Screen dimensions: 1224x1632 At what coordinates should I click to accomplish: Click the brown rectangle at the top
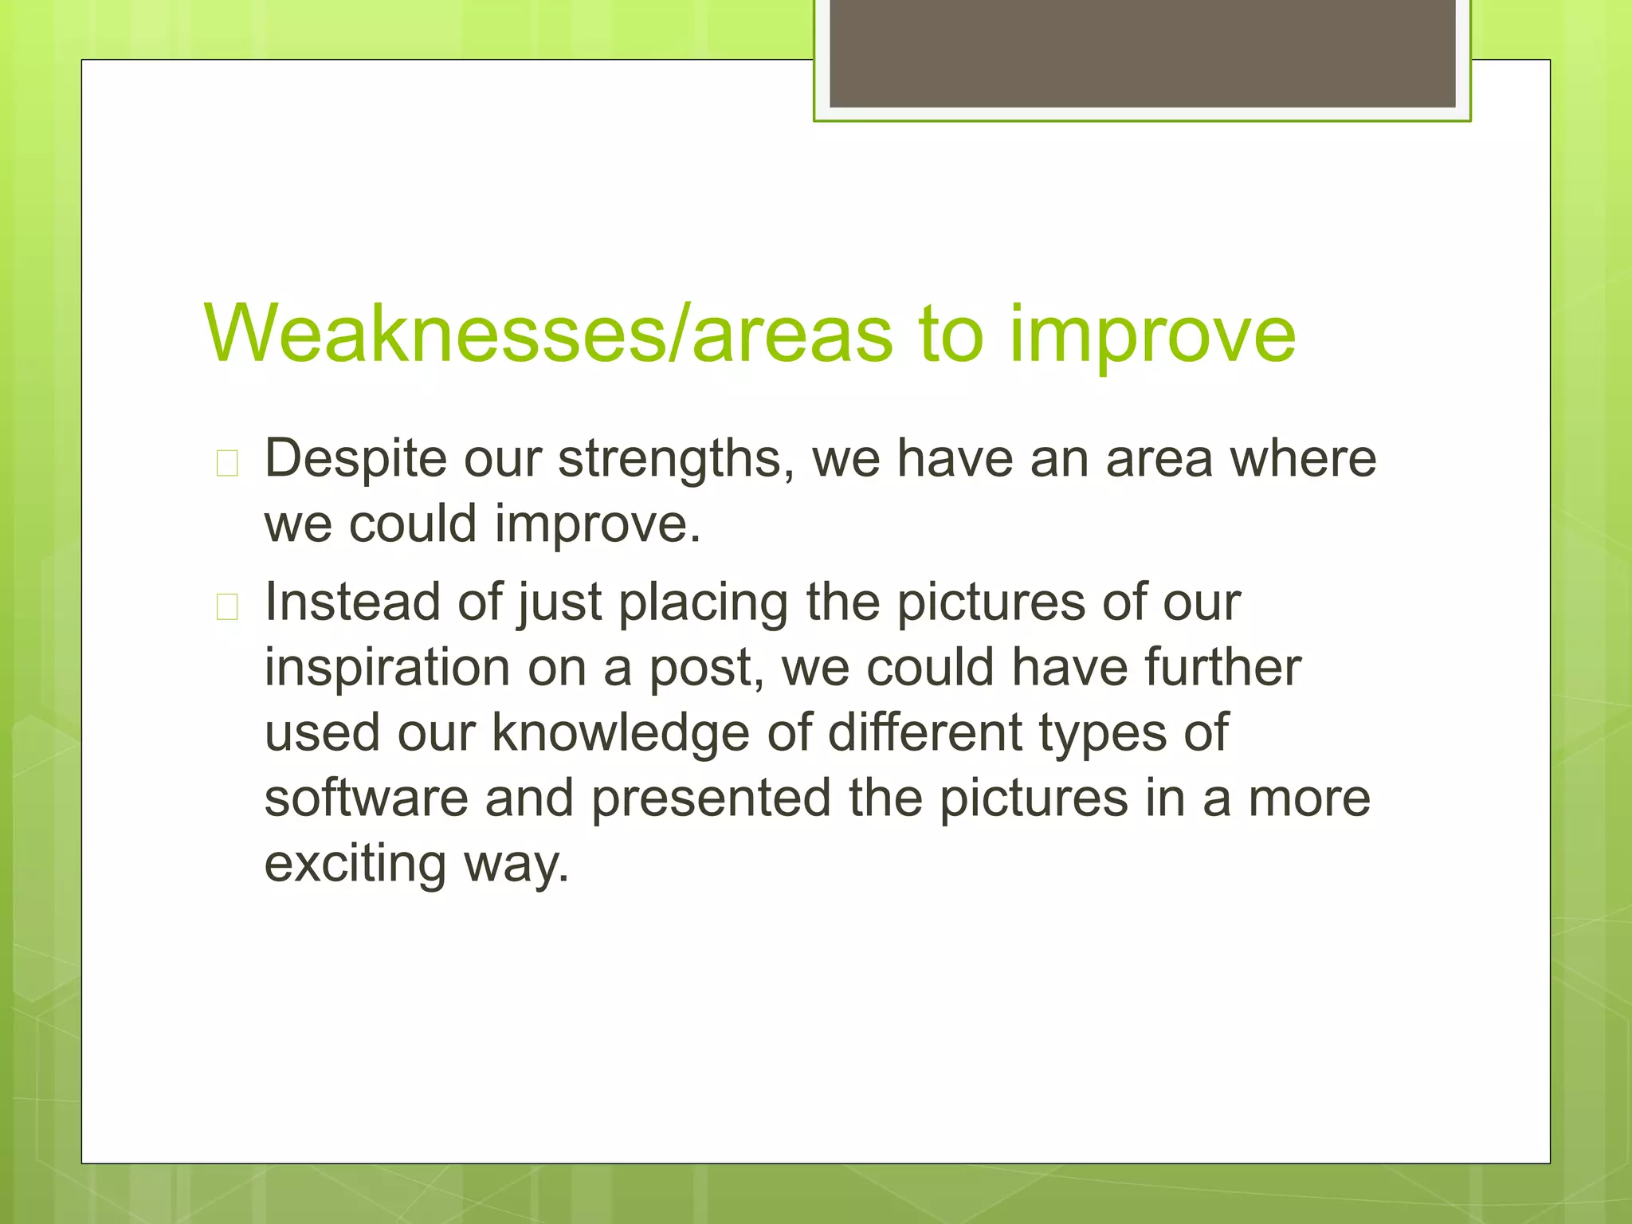[1142, 53]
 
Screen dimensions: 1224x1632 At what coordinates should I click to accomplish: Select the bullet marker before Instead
[227, 607]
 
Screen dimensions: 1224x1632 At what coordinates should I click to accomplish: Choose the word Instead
[351, 602]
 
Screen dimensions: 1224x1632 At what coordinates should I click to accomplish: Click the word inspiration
[386, 668]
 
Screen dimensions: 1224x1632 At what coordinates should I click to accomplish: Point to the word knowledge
[621, 734]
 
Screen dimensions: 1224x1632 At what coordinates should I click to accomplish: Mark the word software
[366, 798]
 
